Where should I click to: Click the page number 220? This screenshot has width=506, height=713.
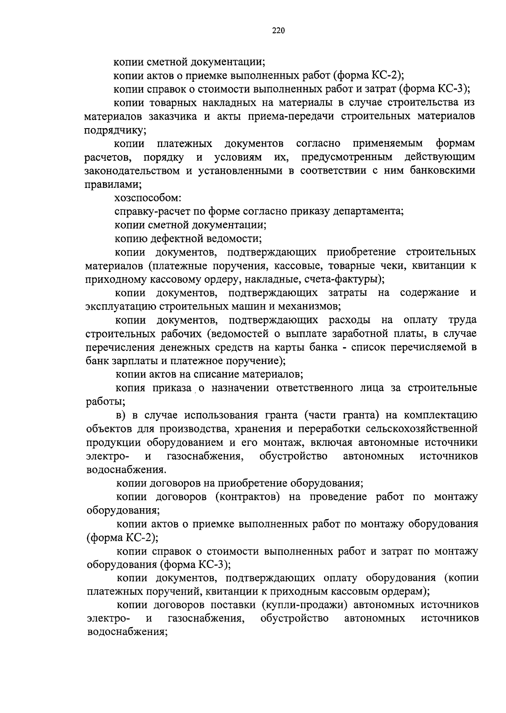(279, 30)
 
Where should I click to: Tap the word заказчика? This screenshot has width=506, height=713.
(172, 116)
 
